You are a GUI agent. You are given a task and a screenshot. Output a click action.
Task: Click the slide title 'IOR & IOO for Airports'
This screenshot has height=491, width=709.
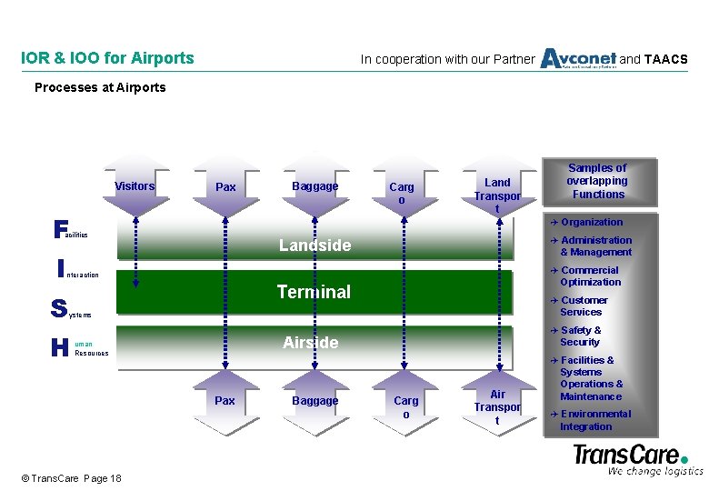(x=107, y=58)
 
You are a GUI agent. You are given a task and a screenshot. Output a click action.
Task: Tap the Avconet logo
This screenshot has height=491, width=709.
(x=578, y=58)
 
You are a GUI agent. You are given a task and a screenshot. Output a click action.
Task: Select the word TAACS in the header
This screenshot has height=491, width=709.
(x=665, y=60)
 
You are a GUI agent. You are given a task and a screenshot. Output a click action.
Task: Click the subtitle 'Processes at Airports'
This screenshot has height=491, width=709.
(x=100, y=87)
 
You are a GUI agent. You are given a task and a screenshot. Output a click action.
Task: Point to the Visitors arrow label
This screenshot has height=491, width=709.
(x=135, y=186)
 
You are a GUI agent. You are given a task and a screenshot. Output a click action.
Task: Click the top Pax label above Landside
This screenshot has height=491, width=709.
(x=225, y=187)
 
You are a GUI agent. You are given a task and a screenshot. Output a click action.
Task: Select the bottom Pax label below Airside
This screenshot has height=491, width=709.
(x=225, y=400)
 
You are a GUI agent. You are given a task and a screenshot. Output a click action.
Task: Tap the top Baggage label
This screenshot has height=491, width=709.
(x=315, y=186)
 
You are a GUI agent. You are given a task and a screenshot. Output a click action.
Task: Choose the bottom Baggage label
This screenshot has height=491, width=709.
(x=315, y=400)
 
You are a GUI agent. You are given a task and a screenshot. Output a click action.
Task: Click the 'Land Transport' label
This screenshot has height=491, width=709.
(x=497, y=195)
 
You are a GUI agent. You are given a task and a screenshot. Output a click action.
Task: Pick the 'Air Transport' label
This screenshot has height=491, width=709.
(x=497, y=406)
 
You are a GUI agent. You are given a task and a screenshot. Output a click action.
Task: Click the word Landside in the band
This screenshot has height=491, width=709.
(x=315, y=245)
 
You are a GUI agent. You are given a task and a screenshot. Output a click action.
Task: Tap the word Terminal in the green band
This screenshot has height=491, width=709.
(x=313, y=292)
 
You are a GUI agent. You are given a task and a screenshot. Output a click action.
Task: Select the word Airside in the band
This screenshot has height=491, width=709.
(x=310, y=343)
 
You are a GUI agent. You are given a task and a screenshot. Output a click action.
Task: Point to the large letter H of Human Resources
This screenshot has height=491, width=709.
(x=60, y=347)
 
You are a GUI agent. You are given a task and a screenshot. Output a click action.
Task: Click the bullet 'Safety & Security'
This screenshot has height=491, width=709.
(x=580, y=336)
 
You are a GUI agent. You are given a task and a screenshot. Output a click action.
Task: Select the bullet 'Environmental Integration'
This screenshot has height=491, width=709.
(x=594, y=420)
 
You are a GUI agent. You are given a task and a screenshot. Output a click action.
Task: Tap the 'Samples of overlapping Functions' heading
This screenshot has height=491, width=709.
(x=598, y=181)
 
